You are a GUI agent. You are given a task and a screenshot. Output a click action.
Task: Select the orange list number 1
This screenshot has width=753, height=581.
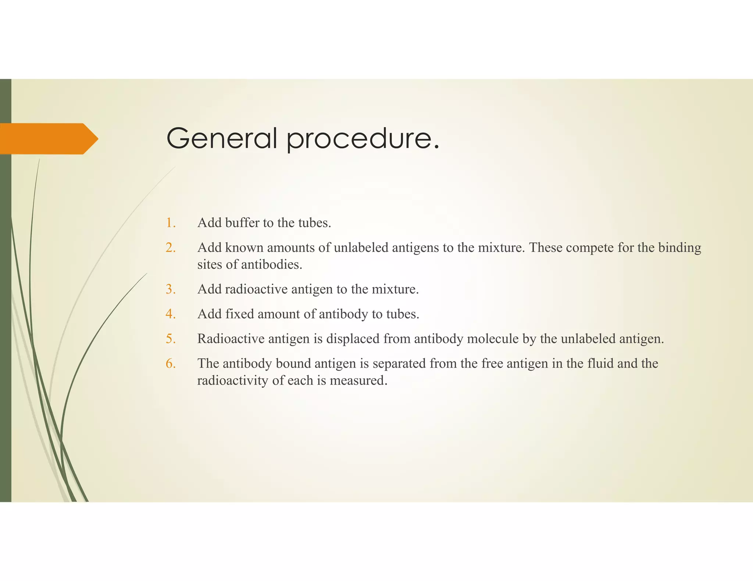click(x=171, y=223)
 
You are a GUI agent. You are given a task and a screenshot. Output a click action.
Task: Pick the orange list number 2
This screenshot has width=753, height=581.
click(x=171, y=248)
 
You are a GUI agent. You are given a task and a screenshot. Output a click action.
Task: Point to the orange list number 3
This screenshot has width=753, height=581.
click(x=171, y=289)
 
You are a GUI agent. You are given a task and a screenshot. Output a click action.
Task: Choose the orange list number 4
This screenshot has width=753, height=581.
click(x=171, y=314)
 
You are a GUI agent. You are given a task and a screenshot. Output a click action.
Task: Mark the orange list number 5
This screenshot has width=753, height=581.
click(x=171, y=339)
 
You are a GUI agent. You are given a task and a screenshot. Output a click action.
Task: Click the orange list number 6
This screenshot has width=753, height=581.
click(x=171, y=364)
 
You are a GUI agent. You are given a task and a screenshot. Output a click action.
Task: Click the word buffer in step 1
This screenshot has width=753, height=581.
click(x=242, y=223)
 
